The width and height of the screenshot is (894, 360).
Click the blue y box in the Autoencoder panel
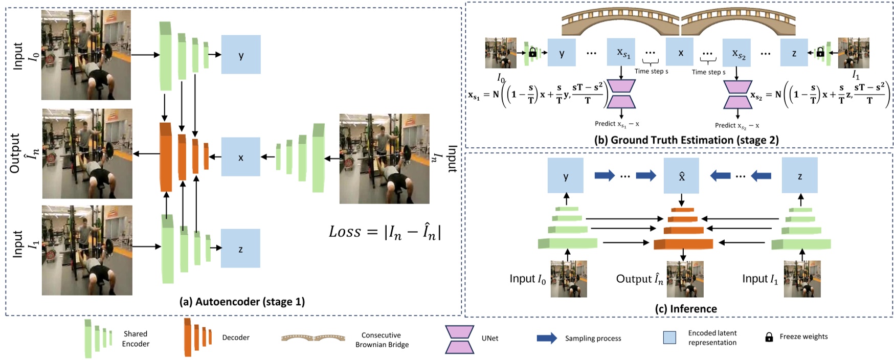(241, 55)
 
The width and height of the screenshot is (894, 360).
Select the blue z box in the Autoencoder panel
(240, 249)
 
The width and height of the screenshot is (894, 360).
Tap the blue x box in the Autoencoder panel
(240, 157)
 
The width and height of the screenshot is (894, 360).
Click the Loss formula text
(385, 232)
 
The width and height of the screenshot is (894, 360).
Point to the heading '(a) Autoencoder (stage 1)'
(242, 302)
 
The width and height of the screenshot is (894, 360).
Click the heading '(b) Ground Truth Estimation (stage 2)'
(686, 140)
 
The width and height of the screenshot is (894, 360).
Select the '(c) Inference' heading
(686, 309)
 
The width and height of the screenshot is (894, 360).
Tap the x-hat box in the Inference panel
(681, 176)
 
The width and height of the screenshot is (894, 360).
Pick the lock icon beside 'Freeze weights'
(769, 337)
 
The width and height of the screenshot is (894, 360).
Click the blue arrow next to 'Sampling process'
(547, 339)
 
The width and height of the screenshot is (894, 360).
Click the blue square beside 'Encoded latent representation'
(669, 337)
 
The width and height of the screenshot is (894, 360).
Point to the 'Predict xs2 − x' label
(736, 125)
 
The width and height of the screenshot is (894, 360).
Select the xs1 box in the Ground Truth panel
(621, 52)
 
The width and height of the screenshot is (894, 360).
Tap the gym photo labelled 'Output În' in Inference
(685, 279)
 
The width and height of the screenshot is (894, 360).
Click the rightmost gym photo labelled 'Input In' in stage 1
(384, 159)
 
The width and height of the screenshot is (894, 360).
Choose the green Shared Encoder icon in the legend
(98, 339)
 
